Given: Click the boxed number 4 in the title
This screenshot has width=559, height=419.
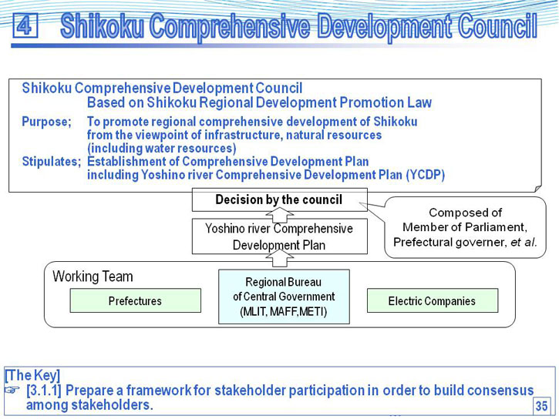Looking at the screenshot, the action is click(25, 25).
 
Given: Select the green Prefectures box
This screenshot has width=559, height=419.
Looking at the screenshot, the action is click(136, 300).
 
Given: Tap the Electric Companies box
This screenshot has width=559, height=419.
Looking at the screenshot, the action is click(433, 300).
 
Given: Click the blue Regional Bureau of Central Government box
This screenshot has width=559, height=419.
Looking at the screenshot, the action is click(284, 297).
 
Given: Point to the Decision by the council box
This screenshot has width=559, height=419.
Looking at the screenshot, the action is click(279, 199).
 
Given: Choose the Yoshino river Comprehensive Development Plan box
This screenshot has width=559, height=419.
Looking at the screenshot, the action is click(279, 236).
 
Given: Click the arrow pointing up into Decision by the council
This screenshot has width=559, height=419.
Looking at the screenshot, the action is click(280, 216).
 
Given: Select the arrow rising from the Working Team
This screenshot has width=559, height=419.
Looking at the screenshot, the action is click(280, 258).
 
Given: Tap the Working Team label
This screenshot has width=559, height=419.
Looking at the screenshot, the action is click(93, 277).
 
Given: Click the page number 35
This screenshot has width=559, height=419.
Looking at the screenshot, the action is click(541, 406).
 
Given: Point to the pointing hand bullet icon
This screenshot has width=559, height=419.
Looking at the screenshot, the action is click(12, 391).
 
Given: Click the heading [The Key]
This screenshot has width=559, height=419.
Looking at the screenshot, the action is click(32, 375).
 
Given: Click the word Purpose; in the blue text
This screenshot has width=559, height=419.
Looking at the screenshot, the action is click(47, 122).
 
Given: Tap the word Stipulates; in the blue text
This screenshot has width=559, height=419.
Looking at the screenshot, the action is click(52, 162).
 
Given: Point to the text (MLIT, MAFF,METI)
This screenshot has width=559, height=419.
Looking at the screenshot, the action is click(284, 311).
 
